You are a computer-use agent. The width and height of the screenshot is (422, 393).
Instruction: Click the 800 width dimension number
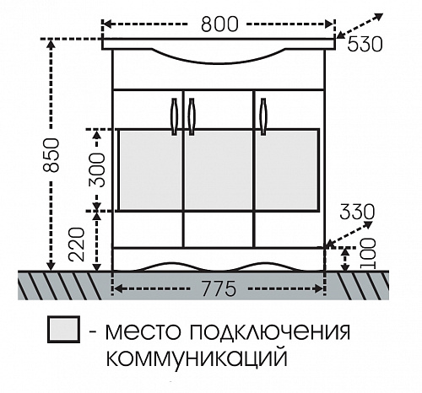click(219, 24)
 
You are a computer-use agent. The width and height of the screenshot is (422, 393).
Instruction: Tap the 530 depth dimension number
click(365, 44)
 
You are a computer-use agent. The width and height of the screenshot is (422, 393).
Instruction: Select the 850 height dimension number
click(51, 154)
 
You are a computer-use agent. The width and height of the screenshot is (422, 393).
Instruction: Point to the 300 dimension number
click(97, 170)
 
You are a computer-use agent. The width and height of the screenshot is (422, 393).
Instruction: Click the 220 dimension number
click(77, 245)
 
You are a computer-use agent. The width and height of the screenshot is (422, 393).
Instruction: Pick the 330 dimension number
click(357, 212)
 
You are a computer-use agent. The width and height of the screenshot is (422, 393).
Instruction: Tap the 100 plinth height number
click(368, 254)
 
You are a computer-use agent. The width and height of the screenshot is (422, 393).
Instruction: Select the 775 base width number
click(219, 288)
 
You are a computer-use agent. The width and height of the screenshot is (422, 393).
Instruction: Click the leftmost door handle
click(175, 116)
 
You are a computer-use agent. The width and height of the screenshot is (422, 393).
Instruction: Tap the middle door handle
click(192, 116)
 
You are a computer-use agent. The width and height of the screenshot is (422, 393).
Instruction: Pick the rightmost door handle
click(263, 116)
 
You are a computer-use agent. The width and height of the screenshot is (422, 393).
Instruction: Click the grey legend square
click(63, 330)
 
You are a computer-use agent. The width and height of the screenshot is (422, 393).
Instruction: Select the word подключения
click(270, 331)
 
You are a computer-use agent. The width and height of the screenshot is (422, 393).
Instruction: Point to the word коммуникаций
click(197, 357)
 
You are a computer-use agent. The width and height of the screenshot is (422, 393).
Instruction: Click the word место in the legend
click(143, 332)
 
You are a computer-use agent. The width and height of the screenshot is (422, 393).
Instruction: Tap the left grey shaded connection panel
click(150, 170)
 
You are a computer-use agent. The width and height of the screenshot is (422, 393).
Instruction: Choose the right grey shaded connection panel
click(287, 170)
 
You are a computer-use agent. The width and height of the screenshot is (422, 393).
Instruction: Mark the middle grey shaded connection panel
click(219, 170)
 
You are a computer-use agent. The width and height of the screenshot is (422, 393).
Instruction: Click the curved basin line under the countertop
click(219, 61)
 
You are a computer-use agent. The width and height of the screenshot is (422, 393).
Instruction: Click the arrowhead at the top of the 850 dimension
click(51, 44)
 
